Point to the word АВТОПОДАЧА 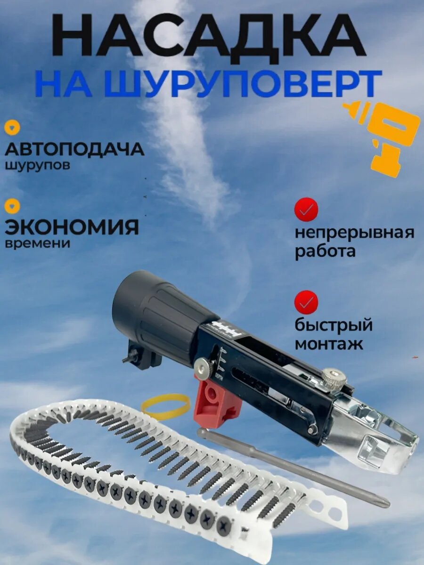(x=74, y=149)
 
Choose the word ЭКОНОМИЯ (x=72, y=227)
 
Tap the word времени (x=38, y=243)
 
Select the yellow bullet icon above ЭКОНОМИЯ (x=13, y=205)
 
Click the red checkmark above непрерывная (x=306, y=210)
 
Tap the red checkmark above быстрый (x=306, y=302)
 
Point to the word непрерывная (x=354, y=233)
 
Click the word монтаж (x=329, y=343)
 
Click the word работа (x=325, y=251)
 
